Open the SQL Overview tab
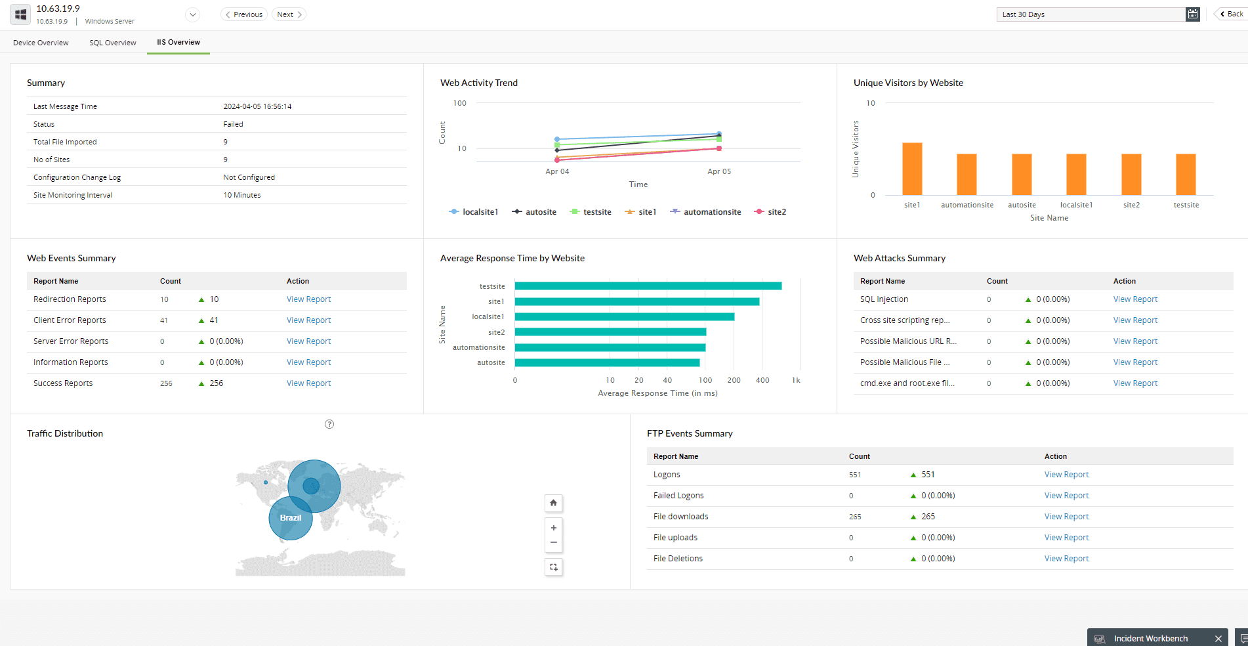point(113,43)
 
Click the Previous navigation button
point(244,14)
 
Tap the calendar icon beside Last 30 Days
point(1192,14)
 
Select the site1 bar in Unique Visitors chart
point(912,169)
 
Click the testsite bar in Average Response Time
point(648,286)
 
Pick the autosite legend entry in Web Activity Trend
point(534,212)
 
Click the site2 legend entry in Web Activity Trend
point(770,212)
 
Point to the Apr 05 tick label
point(719,171)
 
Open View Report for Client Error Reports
point(308,320)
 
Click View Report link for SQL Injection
point(1135,299)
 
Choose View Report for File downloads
point(1066,517)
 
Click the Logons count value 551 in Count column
point(855,475)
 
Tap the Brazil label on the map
point(291,518)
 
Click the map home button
point(554,503)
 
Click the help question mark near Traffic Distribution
point(329,424)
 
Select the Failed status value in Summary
point(233,124)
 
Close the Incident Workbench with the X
point(1218,639)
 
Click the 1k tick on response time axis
point(796,380)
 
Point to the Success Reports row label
point(63,383)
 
